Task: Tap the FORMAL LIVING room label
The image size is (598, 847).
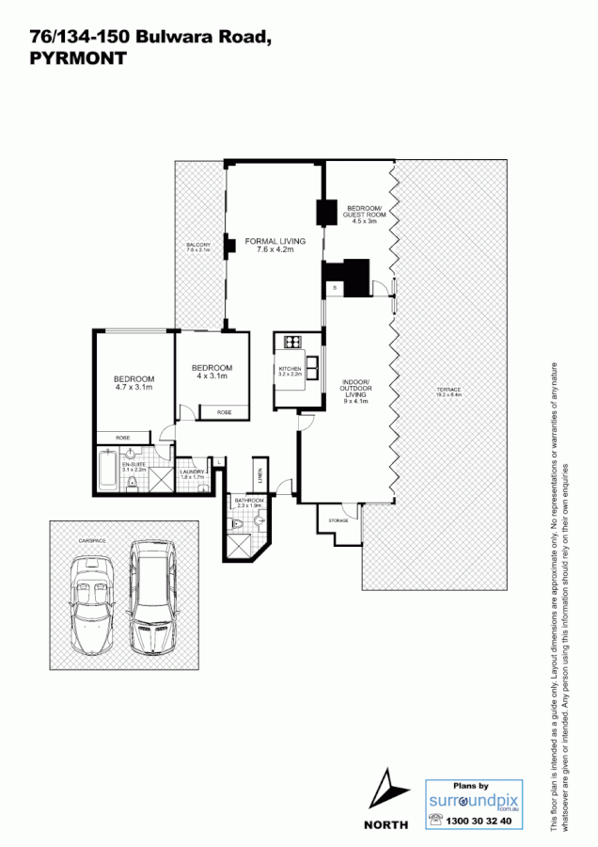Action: pos(270,246)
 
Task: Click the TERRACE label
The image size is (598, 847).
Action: pos(447,392)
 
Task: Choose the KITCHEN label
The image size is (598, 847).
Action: pos(290,370)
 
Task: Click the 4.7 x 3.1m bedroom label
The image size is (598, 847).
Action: pos(134,382)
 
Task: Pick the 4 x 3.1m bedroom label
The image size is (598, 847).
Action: pos(212,372)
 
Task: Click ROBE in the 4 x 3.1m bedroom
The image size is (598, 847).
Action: pos(224,412)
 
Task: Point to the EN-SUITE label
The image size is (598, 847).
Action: pos(134,466)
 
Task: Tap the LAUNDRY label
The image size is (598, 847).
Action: pos(192,474)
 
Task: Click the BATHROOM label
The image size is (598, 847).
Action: pos(249,502)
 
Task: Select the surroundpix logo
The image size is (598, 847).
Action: pos(474,802)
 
